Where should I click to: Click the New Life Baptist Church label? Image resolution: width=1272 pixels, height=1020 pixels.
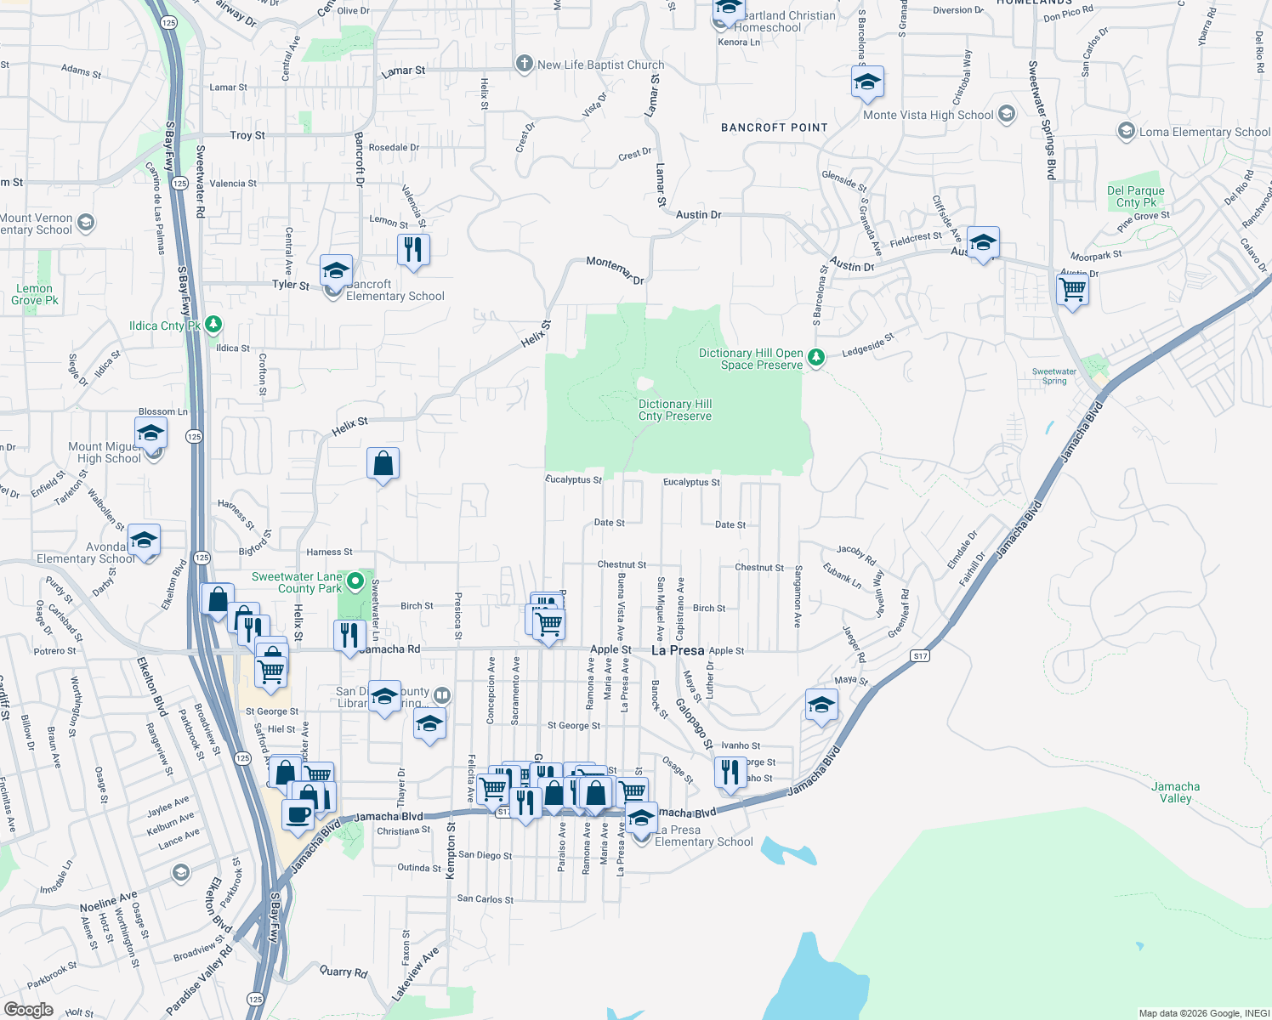tap(600, 65)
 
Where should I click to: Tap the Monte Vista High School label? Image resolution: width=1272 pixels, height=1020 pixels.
tap(928, 115)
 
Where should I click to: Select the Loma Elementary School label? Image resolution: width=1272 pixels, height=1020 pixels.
tap(1204, 132)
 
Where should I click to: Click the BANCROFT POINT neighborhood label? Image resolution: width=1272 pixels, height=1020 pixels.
tap(774, 127)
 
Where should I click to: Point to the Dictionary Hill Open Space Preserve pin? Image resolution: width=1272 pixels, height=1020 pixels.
tap(816, 358)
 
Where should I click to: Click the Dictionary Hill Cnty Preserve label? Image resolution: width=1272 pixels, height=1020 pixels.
tap(675, 410)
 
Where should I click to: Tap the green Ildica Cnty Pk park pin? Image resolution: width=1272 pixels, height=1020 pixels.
tap(213, 324)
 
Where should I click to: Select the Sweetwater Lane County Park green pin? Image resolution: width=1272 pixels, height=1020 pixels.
tap(355, 582)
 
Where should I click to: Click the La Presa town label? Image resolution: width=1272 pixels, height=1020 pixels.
tap(678, 650)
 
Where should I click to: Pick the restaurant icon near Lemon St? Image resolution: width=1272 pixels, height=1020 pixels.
tap(413, 250)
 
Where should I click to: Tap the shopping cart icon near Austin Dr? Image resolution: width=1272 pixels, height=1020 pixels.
tap(1073, 290)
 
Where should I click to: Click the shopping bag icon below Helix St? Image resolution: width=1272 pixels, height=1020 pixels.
tap(383, 463)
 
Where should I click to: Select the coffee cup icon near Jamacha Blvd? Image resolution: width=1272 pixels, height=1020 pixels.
tap(298, 813)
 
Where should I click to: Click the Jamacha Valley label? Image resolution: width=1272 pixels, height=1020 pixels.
tap(1176, 792)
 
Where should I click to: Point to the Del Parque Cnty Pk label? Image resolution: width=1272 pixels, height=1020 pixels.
tap(1136, 196)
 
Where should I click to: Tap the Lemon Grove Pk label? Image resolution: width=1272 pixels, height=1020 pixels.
tap(34, 294)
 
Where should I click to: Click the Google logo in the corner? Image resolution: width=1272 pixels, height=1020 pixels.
tap(28, 1010)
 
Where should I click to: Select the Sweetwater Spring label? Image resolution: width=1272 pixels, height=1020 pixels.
tap(1054, 376)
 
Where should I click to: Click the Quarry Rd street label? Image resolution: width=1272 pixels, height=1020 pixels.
tap(344, 971)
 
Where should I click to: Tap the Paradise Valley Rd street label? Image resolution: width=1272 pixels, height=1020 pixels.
tap(199, 982)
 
